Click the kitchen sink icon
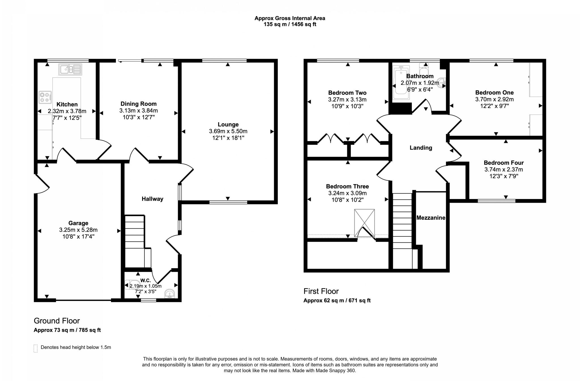(70, 69)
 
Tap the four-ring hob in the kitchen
(45, 97)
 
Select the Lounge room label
(228, 124)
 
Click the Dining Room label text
(138, 104)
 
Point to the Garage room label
(78, 223)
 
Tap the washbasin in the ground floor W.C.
(170, 294)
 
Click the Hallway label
(152, 199)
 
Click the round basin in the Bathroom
(442, 83)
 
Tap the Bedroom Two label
(347, 93)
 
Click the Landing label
(421, 148)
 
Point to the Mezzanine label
(431, 218)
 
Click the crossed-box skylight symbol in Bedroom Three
(364, 223)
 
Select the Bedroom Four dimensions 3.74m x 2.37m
(504, 170)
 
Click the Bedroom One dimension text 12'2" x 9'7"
(494, 106)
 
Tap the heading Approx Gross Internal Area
(290, 18)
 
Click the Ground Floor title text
(57, 321)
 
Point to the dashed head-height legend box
(36, 348)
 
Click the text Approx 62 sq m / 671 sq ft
(337, 300)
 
